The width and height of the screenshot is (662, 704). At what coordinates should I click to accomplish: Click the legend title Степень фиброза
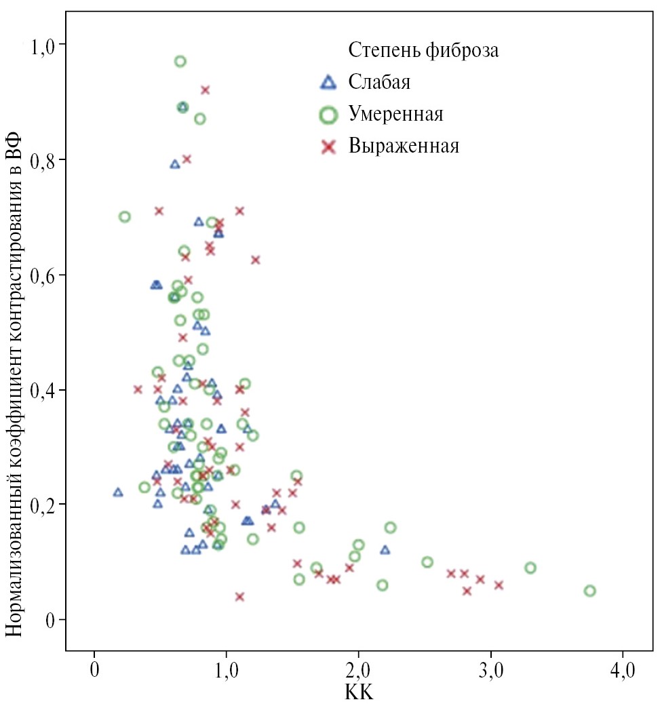(x=424, y=50)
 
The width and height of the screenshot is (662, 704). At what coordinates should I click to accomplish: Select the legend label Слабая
(x=379, y=83)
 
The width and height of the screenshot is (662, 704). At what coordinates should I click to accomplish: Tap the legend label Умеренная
(x=396, y=114)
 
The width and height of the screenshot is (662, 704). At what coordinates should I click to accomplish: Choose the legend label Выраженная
(x=404, y=146)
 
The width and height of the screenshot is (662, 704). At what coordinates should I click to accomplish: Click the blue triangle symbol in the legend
(x=328, y=83)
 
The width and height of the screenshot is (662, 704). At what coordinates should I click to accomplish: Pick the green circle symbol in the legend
(x=328, y=115)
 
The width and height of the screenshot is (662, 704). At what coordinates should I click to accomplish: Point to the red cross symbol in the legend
(x=328, y=146)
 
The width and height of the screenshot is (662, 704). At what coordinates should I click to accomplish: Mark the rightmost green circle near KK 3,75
(x=589, y=591)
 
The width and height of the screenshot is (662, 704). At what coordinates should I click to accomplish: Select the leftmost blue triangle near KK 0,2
(x=118, y=492)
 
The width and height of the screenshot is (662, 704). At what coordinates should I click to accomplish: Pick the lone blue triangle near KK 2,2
(x=385, y=550)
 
